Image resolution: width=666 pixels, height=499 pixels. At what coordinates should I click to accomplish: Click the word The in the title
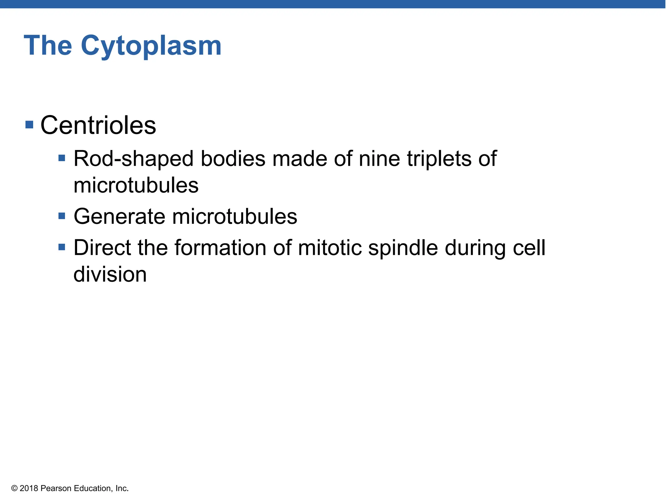point(48,45)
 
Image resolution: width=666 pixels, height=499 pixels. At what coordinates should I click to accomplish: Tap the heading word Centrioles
point(98,125)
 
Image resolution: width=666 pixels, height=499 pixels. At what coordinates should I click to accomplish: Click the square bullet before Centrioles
point(29,124)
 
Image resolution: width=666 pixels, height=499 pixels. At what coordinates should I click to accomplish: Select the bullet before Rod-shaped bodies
point(62,158)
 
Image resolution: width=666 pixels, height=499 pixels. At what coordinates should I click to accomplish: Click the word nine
point(379,159)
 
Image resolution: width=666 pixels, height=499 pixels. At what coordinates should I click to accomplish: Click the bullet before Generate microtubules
point(62,216)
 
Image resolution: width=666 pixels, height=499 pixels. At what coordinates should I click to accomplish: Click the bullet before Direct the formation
point(62,247)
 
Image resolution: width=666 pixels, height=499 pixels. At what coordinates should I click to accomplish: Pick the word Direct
point(102,248)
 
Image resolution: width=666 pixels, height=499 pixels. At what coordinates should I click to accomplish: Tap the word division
point(110,275)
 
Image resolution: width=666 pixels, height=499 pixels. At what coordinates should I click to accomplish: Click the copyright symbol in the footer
point(14,489)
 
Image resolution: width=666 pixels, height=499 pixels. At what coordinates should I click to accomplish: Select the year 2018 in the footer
point(29,489)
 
